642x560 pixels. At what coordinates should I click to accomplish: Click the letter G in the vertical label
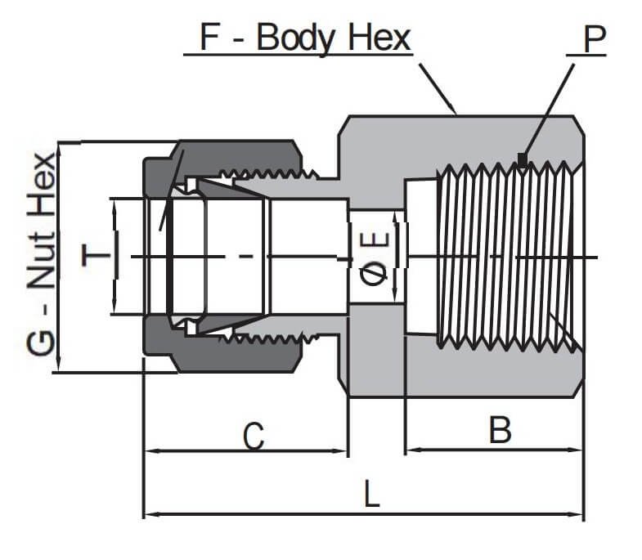[x=42, y=343]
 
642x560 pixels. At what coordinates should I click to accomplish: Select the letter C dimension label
[x=254, y=437]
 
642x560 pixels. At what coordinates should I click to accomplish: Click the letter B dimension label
[x=500, y=430]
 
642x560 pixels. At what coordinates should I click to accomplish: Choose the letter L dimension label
[x=372, y=495]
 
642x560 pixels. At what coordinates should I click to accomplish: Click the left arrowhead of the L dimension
[x=149, y=515]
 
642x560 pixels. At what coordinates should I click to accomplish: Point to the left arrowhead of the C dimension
[x=149, y=450]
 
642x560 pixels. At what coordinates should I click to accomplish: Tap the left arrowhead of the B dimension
[x=411, y=450]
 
